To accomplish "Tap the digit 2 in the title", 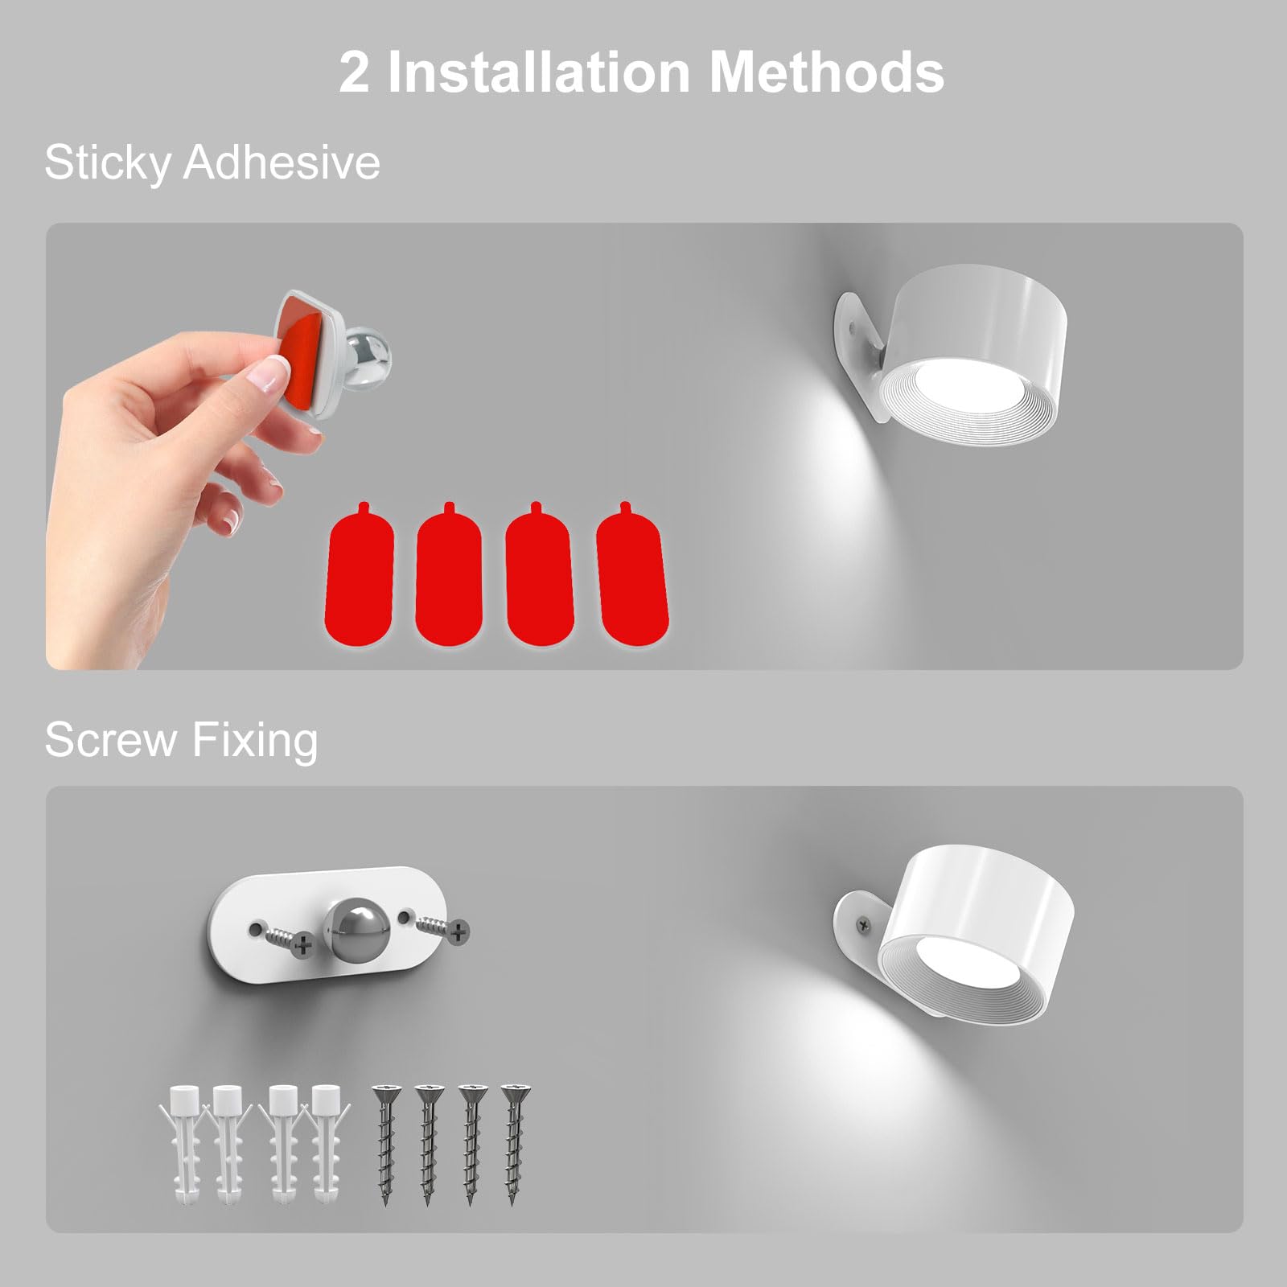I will click(x=354, y=72).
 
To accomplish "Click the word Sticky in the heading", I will click(x=107, y=163).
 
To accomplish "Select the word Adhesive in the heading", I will click(x=282, y=162).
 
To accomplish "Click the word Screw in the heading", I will click(x=110, y=739).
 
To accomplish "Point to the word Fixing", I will click(x=255, y=741).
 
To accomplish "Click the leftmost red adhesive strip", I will click(x=359, y=575).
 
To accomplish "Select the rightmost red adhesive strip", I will click(x=633, y=575).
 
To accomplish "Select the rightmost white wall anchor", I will click(x=326, y=1142).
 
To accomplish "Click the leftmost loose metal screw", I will click(x=384, y=1142).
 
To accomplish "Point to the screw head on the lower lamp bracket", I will click(x=865, y=926).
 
